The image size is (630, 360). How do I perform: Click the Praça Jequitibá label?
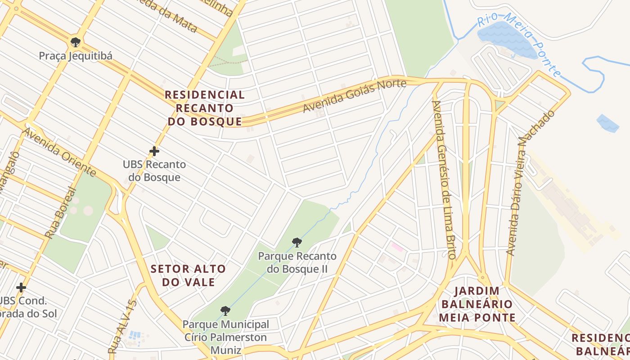[76, 56]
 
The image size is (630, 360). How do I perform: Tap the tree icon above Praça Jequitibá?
[76, 42]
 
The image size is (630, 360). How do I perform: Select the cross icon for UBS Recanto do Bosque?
[154, 151]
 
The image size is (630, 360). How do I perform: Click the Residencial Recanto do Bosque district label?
[205, 108]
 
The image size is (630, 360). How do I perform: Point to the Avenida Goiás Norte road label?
[354, 96]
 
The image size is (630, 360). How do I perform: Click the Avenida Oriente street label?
[59, 152]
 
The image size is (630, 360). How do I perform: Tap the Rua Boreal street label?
[58, 212]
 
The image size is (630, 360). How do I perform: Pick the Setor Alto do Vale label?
[188, 275]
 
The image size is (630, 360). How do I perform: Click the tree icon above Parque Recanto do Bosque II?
[297, 243]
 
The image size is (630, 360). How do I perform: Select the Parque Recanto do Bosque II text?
[297, 262]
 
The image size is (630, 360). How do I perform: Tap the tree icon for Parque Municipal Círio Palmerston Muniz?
[225, 310]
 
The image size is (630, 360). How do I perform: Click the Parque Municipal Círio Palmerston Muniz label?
[225, 337]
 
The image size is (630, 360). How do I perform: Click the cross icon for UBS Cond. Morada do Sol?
[21, 287]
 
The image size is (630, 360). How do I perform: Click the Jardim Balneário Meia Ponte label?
[477, 304]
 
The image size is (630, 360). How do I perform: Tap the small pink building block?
[397, 247]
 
